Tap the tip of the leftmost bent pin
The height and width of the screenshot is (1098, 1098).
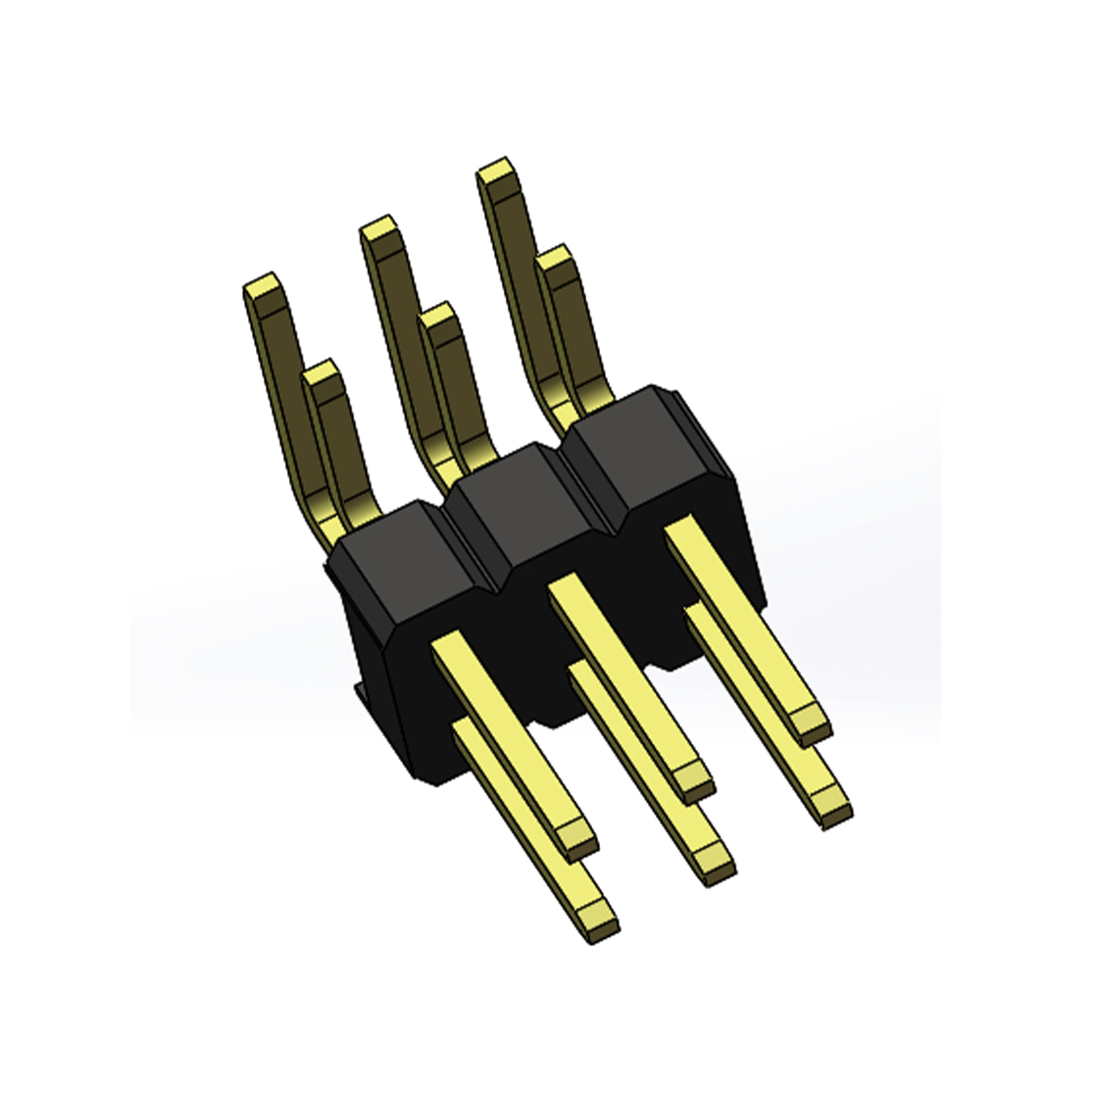263,288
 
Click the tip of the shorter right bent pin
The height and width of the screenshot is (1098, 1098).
556,259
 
